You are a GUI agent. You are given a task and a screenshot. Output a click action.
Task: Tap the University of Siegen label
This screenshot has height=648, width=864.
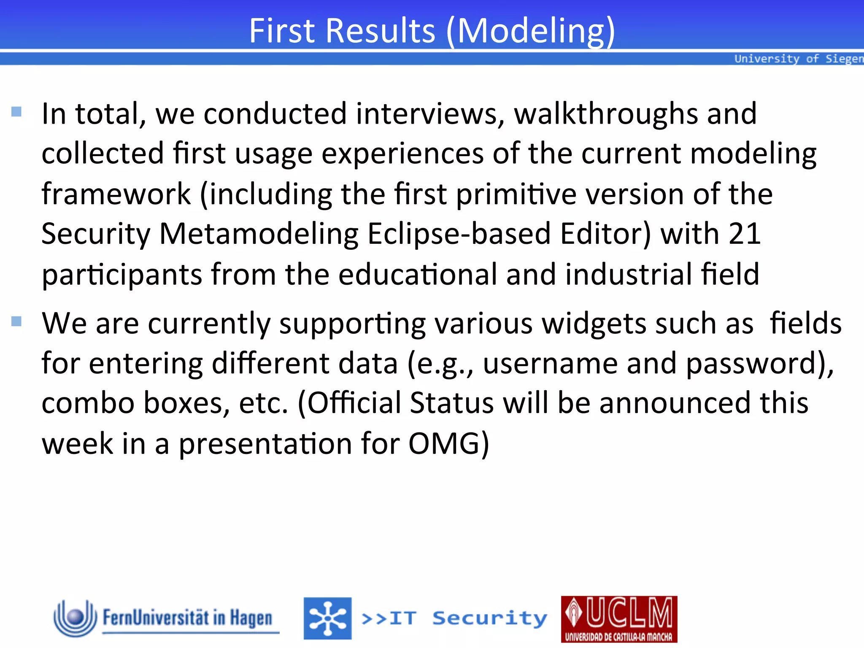[798, 59]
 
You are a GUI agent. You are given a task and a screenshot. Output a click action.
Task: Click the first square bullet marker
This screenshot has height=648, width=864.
[16, 112]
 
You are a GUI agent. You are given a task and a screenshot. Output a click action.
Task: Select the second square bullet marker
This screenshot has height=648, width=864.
[16, 321]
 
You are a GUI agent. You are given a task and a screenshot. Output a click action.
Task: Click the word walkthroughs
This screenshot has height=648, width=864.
[606, 114]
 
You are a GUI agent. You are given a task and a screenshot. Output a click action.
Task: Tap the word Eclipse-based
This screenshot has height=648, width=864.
[459, 234]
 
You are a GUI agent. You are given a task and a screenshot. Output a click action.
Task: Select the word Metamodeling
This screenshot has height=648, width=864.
[259, 234]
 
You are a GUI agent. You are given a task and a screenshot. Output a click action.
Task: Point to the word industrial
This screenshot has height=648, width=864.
[629, 274]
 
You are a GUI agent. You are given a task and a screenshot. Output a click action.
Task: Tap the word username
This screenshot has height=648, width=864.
[550, 364]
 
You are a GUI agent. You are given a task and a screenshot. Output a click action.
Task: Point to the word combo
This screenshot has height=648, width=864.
[88, 403]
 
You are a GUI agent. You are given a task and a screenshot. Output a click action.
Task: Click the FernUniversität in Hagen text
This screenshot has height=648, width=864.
[188, 618]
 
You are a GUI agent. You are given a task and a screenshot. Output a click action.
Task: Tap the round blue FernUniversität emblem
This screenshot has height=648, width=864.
[76, 618]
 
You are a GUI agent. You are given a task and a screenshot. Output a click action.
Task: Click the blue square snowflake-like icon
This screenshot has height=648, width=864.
[327, 618]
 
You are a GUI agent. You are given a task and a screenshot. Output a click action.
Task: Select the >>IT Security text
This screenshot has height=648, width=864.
[454, 618]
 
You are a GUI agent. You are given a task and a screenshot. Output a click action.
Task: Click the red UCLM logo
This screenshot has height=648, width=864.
[619, 619]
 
